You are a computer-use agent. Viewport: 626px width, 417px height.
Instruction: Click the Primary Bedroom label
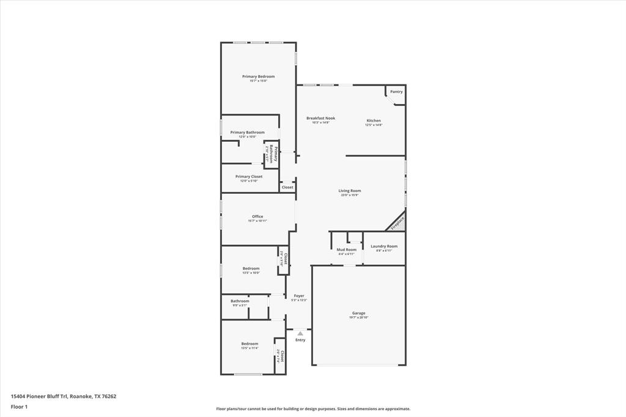tap(258, 76)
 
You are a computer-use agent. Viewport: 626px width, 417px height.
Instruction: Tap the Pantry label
tap(396, 92)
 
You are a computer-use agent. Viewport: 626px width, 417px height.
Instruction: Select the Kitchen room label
tap(374, 120)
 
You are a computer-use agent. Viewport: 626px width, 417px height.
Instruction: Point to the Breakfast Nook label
tap(320, 118)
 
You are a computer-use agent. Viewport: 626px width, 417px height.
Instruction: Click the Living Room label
tap(350, 191)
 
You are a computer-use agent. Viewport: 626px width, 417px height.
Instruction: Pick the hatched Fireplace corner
tap(398, 223)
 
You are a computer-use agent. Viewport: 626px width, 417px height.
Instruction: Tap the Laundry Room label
tap(384, 246)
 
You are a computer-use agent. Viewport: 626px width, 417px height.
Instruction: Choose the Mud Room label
tap(347, 249)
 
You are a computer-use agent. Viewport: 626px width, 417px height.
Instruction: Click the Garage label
tap(358, 313)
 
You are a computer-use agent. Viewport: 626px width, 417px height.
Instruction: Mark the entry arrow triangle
tap(300, 333)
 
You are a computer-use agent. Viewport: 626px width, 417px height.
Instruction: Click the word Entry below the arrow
tap(300, 340)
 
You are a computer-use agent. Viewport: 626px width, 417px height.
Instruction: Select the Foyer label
tap(299, 296)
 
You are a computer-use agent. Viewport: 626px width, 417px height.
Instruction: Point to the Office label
tap(257, 216)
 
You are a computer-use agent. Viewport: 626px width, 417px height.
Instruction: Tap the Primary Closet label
tap(249, 177)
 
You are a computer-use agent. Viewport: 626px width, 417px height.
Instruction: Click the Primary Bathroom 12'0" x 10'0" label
tap(248, 133)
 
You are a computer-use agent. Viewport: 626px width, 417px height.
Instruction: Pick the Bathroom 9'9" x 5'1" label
tap(240, 301)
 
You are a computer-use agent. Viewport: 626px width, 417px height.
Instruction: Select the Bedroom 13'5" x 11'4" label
tap(249, 344)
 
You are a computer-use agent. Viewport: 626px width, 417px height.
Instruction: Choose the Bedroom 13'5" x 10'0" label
tap(251, 268)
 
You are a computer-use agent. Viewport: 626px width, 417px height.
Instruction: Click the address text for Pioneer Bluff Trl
tap(64, 396)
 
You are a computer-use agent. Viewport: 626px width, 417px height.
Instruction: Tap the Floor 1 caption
tap(20, 407)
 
